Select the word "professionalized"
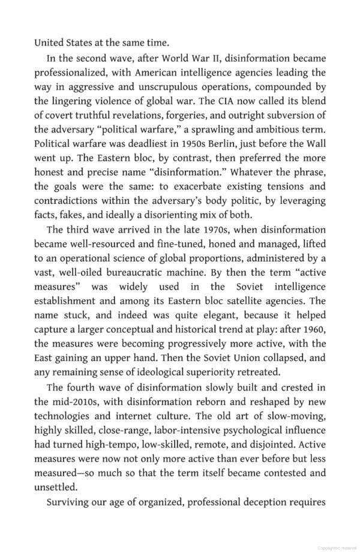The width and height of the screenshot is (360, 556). point(71,73)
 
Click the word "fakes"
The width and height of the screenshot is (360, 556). point(70,215)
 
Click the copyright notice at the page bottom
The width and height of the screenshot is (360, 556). point(337,548)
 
